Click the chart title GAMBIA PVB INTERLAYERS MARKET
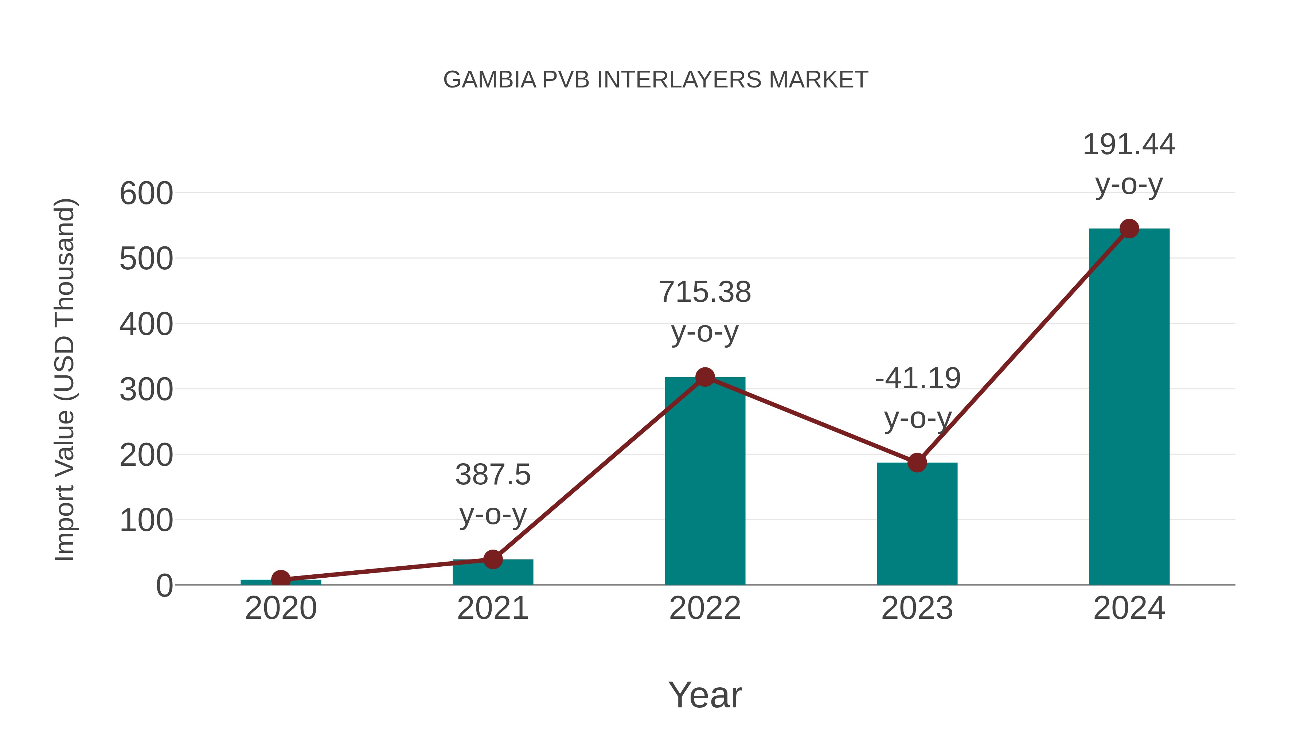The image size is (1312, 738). click(x=656, y=80)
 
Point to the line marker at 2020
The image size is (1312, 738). click(x=281, y=579)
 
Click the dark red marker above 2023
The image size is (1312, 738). click(x=917, y=462)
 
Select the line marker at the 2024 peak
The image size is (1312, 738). click(x=1129, y=229)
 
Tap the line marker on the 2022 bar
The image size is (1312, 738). click(x=705, y=377)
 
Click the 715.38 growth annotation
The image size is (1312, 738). click(x=705, y=292)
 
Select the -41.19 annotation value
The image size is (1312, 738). click(x=918, y=378)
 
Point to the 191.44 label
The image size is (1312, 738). click(x=1129, y=145)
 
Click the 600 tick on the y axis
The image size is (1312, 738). click(x=146, y=194)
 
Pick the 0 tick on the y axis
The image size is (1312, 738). click(x=164, y=586)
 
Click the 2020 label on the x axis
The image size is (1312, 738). click(x=281, y=608)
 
